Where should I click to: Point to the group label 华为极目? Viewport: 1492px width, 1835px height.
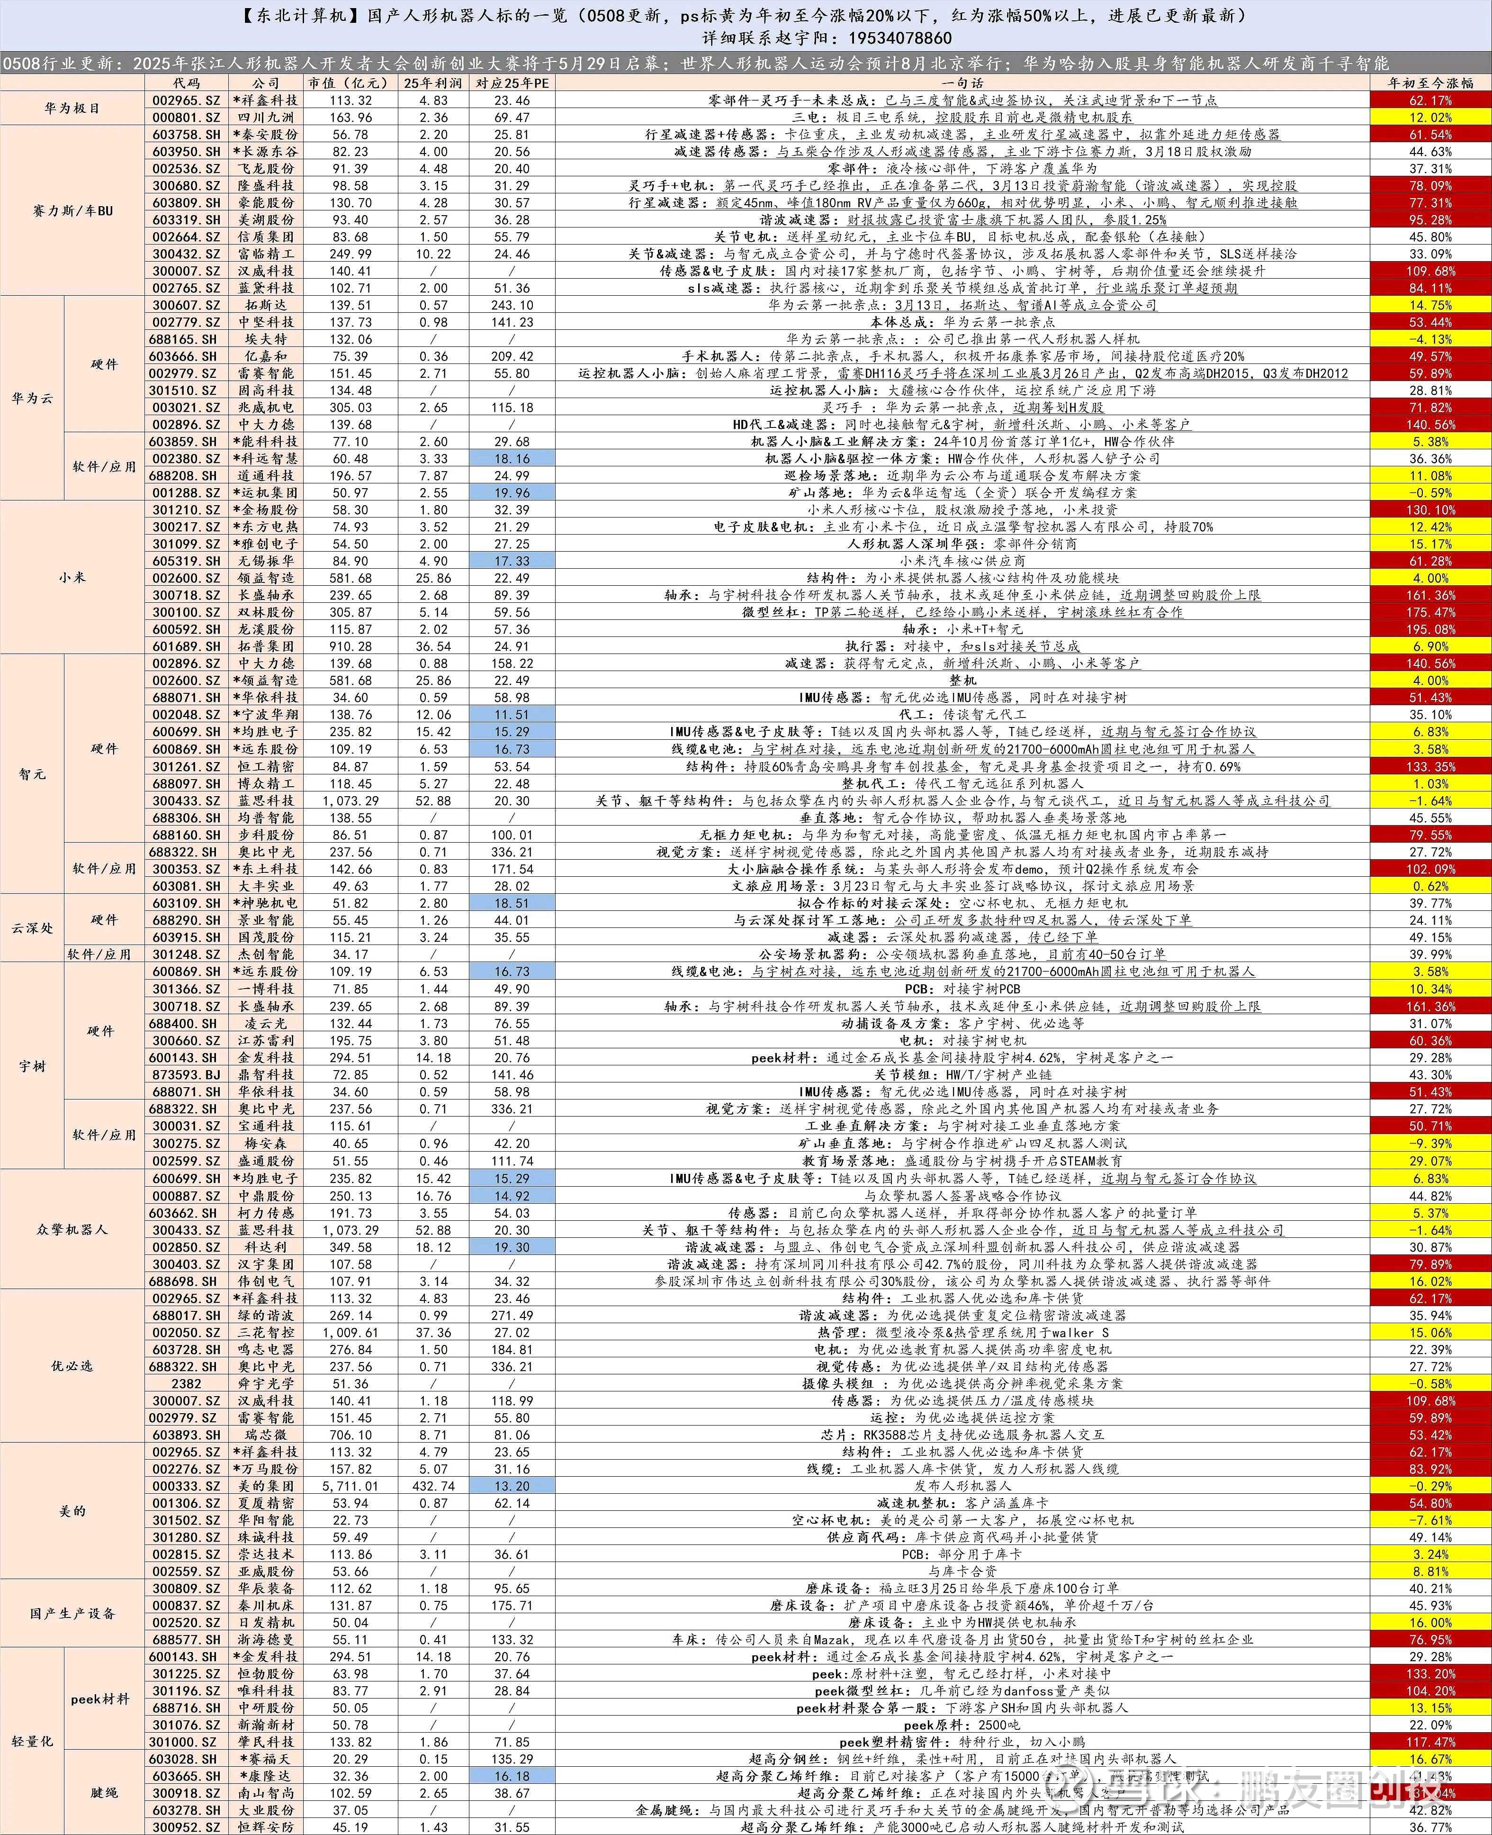pos(72,109)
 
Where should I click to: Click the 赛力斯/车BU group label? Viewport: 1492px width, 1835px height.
pos(72,211)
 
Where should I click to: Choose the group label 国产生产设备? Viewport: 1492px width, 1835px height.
pos(72,1613)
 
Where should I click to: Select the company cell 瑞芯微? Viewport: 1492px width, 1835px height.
pos(266,1434)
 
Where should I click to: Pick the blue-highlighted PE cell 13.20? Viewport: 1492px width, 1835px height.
pos(512,1486)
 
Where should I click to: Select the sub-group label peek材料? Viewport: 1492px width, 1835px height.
pos(100,1699)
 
